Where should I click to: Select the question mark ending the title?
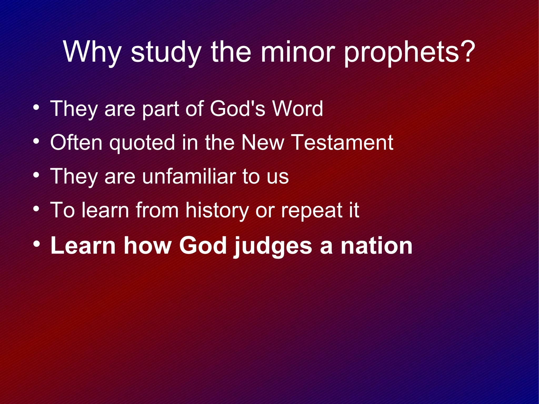click(467, 51)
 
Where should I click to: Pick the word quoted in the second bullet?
click(142, 143)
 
